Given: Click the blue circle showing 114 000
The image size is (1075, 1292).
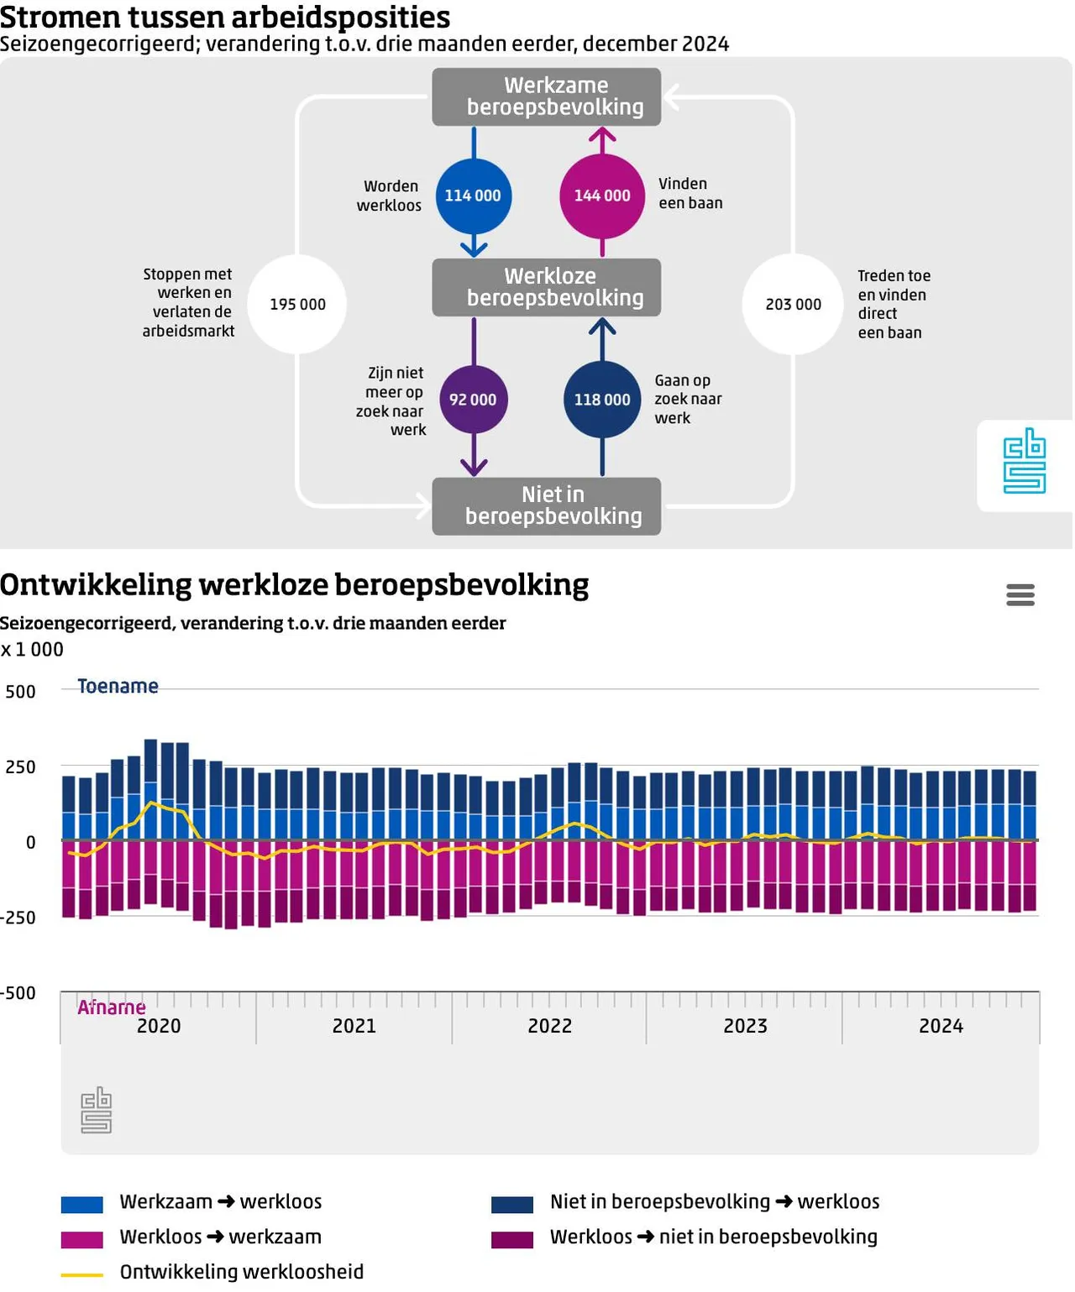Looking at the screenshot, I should tap(473, 196).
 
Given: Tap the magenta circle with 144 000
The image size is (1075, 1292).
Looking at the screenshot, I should tap(602, 196).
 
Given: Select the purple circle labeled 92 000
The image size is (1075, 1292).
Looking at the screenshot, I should tap(473, 400).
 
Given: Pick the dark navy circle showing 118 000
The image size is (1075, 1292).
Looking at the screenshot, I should tap(602, 400).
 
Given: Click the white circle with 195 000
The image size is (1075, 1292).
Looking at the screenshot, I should tap(298, 304).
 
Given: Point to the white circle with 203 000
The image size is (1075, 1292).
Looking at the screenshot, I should tap(793, 304).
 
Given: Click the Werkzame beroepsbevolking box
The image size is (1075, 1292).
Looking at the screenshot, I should tap(547, 97).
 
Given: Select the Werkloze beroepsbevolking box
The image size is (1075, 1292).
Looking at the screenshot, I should tap(547, 287).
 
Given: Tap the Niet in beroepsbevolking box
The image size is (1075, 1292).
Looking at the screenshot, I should tap(547, 505).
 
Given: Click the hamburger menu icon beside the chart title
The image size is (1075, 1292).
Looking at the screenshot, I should tap(1020, 594).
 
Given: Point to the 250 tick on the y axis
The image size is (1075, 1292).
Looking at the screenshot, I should tap(21, 766).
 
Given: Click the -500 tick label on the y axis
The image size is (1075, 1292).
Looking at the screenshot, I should tap(18, 992).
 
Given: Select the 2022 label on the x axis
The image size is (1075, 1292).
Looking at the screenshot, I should tap(549, 1026).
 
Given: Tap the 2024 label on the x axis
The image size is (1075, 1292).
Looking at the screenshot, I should tap(941, 1026).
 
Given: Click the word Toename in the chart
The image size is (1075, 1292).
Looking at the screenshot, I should tap(118, 687).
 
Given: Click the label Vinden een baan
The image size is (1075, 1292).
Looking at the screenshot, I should tap(690, 193).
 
